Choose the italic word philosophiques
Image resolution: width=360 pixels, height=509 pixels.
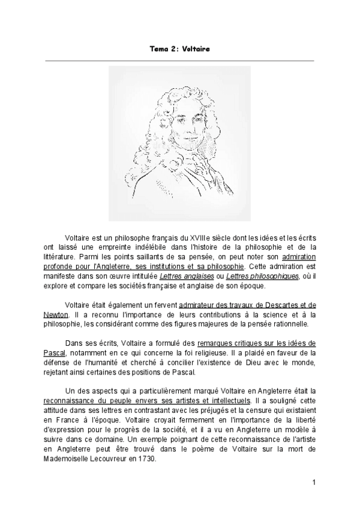point(278,276)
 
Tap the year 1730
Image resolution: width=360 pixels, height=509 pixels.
point(147,458)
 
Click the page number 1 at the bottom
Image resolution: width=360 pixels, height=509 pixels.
point(314,483)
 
